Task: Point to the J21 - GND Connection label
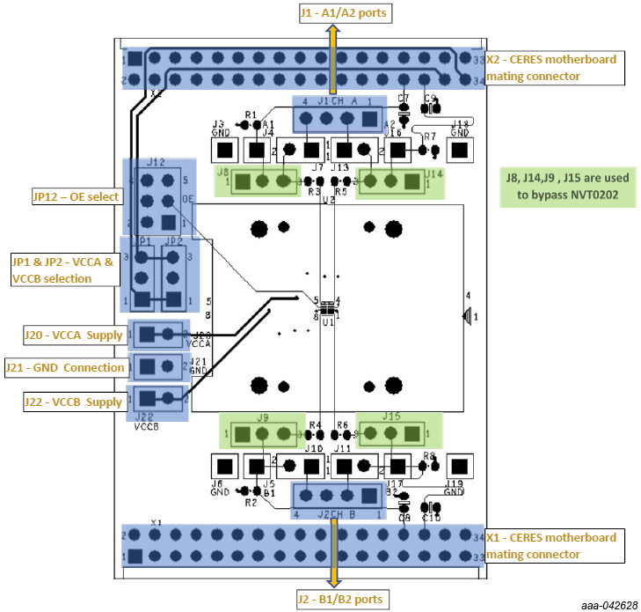click(x=64, y=366)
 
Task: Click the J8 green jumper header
click(x=262, y=181)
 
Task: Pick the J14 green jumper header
click(x=392, y=181)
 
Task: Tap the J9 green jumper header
click(x=262, y=433)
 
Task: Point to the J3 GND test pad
click(x=225, y=151)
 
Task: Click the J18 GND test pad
click(x=458, y=151)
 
